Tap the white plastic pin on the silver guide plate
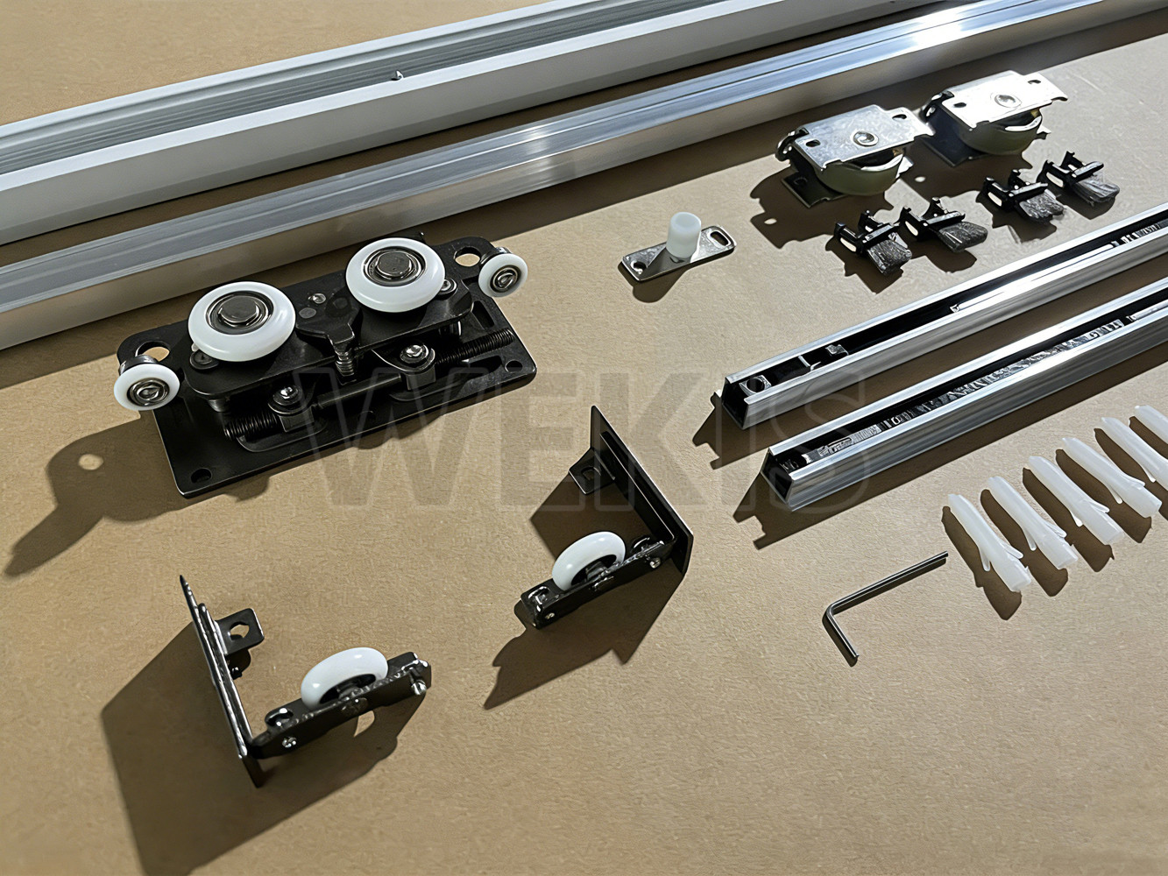(683, 237)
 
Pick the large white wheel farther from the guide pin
(242, 321)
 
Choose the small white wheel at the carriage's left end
(147, 383)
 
